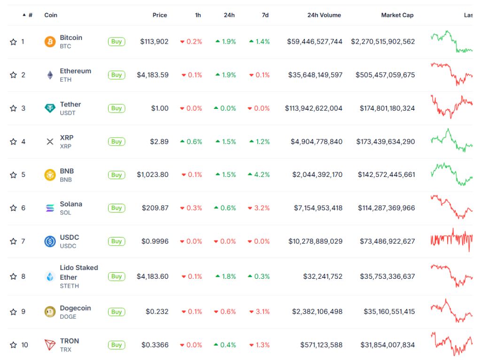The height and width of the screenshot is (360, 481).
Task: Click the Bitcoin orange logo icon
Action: pyautogui.click(x=50, y=42)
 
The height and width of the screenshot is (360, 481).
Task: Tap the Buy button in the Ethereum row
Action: pyautogui.click(x=116, y=75)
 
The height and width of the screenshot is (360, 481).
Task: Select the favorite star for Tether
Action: pyautogui.click(x=13, y=108)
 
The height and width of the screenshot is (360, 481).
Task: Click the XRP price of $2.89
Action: pyautogui.click(x=159, y=142)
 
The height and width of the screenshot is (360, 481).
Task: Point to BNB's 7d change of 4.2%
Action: pyautogui.click(x=259, y=175)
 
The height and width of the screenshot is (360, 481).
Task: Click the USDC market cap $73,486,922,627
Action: pyautogui.click(x=387, y=241)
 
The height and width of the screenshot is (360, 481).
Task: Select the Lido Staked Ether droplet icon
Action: pyautogui.click(x=50, y=276)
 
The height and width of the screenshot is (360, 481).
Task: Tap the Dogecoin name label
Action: pyautogui.click(x=75, y=308)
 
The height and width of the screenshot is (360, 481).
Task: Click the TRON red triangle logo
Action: pyautogui.click(x=50, y=345)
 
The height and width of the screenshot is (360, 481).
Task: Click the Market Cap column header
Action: pyautogui.click(x=397, y=15)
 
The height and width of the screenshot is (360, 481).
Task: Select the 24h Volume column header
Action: pyautogui.click(x=324, y=15)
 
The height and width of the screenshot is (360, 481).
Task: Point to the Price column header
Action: pyautogui.click(x=160, y=15)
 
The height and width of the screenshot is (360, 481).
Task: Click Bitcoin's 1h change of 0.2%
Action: pyautogui.click(x=191, y=42)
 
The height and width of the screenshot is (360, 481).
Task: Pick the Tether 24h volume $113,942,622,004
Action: pyautogui.click(x=313, y=108)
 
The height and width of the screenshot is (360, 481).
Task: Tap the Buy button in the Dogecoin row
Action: pyautogui.click(x=116, y=312)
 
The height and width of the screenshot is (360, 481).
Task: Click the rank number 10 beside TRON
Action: pyautogui.click(x=24, y=345)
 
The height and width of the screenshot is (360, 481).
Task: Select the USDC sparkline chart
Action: pyautogui.click(x=451, y=239)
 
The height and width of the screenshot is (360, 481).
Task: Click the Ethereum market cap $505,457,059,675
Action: pyautogui.click(x=385, y=75)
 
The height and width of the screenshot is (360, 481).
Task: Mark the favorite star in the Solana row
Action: pyautogui.click(x=13, y=208)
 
